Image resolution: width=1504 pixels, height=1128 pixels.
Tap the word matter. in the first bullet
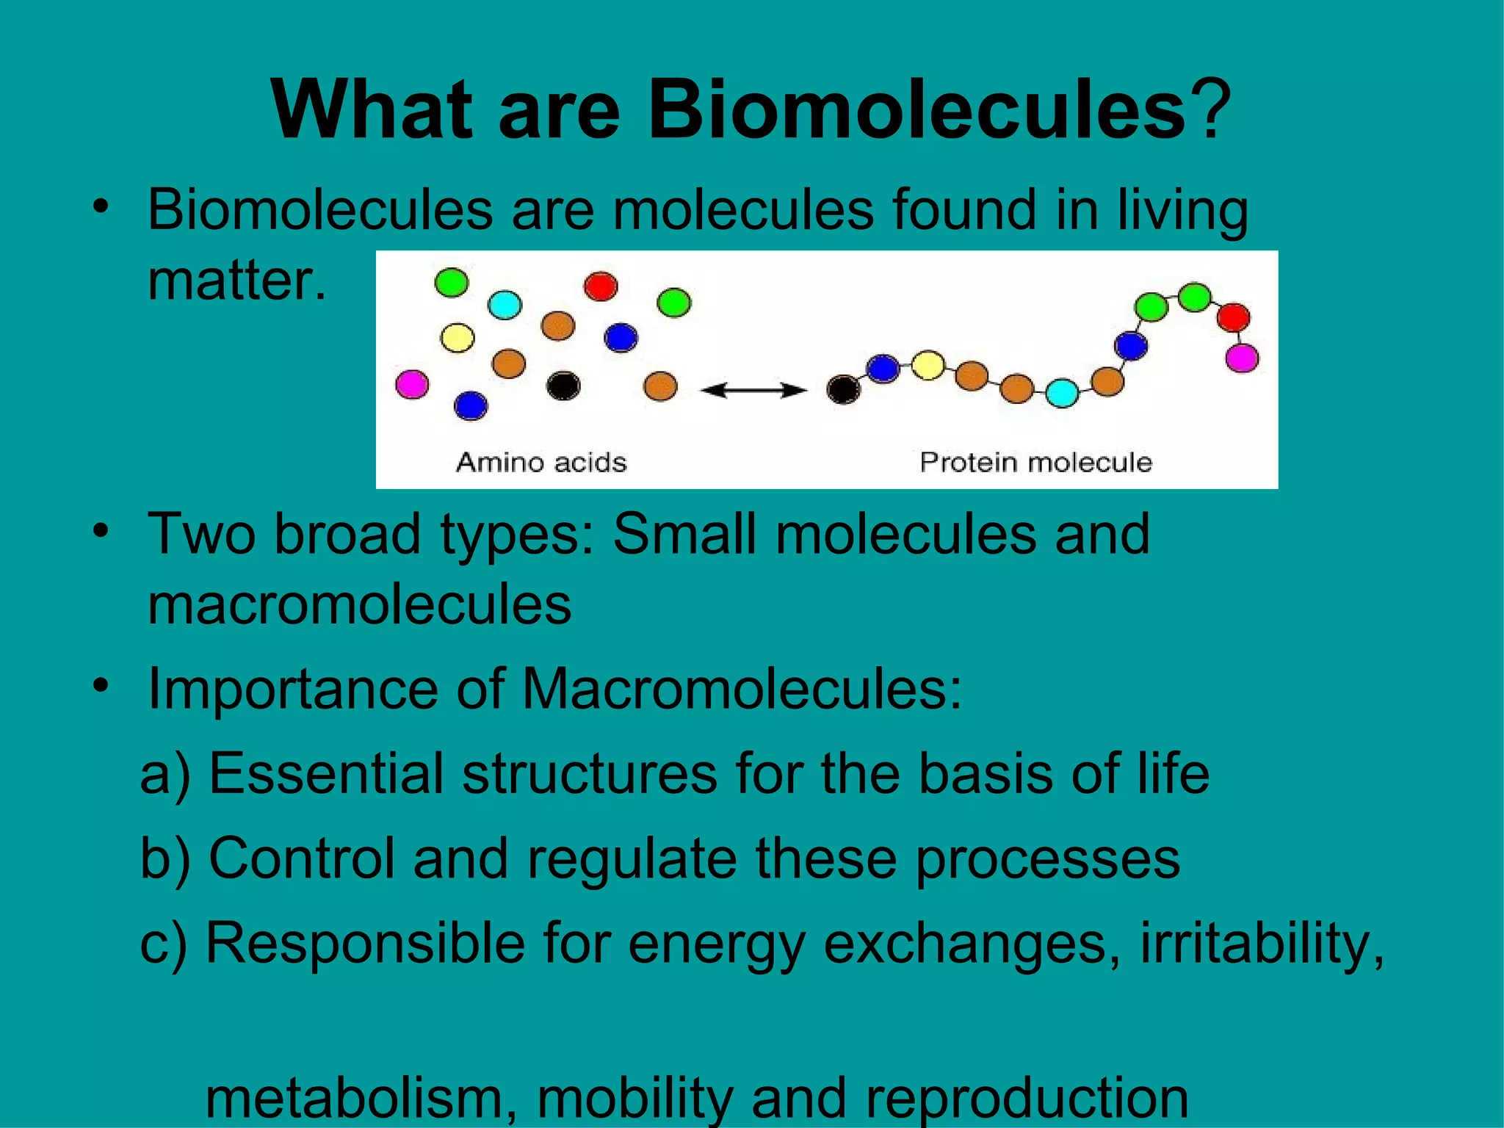pos(236,281)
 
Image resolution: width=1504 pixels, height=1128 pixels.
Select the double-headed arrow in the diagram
pos(753,390)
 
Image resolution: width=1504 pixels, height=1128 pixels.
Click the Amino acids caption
pos(541,463)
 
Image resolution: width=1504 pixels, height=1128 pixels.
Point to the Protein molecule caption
pos(1035,463)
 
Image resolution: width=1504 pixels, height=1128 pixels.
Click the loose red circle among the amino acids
pos(601,286)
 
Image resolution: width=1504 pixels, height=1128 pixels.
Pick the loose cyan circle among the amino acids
pos(505,305)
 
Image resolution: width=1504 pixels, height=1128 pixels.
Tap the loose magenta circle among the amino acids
pos(412,384)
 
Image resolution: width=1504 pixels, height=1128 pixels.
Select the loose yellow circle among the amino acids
pos(458,338)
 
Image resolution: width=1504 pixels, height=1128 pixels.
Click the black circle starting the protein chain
pos(843,389)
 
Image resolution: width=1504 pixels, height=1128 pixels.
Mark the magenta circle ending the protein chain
pos(1242,358)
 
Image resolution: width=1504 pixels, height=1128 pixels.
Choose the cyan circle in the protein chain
pos(1062,393)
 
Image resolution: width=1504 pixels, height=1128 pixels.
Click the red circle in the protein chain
pos(1233,317)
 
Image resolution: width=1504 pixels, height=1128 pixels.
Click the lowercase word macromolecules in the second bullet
pos(359,605)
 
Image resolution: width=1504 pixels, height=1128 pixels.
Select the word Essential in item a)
pos(326,774)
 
